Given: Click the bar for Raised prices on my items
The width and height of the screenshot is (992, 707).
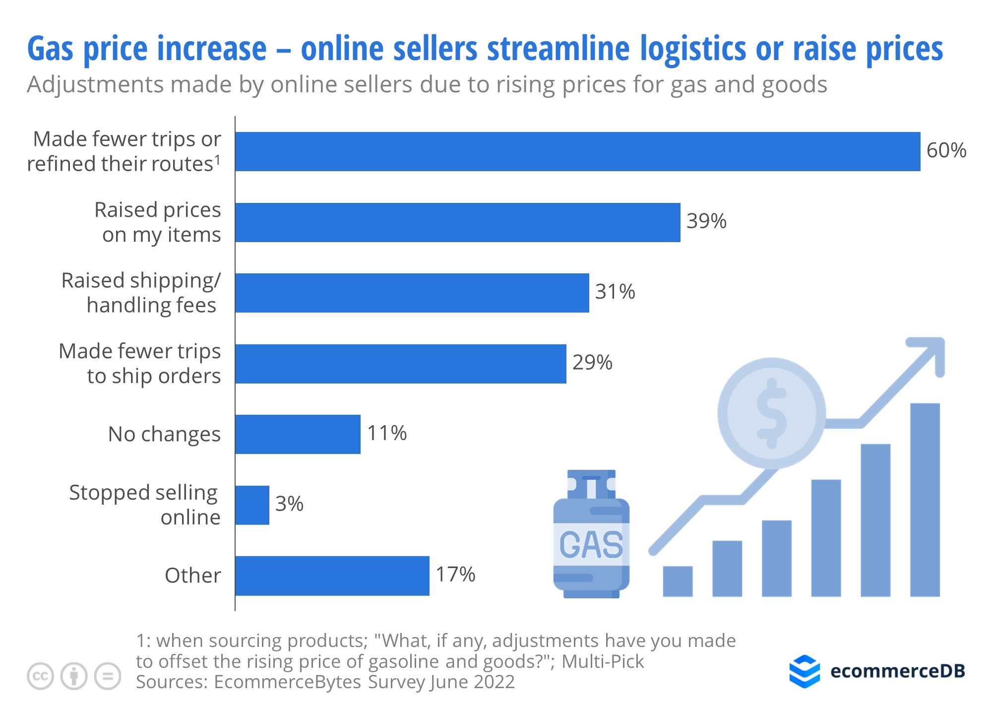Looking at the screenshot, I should pos(457,222).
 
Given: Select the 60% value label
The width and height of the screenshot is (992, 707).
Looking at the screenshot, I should pos(946,150).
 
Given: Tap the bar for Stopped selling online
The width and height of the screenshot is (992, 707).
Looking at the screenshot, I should pos(252,505).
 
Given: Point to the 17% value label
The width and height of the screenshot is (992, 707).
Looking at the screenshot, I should pos(455,575).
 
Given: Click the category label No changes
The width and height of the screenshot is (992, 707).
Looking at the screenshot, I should pos(164,434).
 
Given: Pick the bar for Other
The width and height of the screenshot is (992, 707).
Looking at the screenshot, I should pos(332,576).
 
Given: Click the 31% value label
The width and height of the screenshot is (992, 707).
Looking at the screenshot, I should pos(615,292).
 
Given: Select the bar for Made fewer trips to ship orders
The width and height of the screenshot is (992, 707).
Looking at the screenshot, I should pos(400,364).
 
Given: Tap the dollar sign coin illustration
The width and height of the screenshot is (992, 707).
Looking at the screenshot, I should pos(771,413).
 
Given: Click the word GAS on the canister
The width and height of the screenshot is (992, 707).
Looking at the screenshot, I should pos(591,545).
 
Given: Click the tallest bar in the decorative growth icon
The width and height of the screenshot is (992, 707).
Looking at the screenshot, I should pos(925,499).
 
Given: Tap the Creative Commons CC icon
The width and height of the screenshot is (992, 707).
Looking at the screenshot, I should pos(40,676).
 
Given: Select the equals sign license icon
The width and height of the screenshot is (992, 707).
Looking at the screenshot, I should pos(108,676).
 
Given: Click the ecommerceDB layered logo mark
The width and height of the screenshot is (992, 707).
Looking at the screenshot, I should pos(804,671).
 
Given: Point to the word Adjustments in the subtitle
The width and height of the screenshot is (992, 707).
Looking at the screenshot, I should pos(95,85).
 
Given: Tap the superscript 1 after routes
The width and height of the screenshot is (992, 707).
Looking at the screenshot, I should pos(217,159).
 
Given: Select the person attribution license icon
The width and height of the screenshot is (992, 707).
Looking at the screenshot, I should pos(74,676).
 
